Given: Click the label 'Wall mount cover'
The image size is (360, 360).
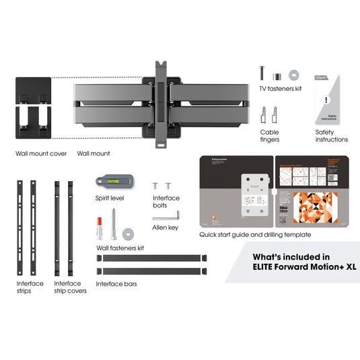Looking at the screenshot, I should click(41, 153).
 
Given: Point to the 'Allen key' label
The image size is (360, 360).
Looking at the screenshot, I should click(165, 229).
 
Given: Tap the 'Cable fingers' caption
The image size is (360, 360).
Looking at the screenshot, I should click(269, 136).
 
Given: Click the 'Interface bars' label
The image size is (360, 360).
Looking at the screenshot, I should click(116, 284).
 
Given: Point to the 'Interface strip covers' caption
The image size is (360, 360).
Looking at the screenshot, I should click(68, 287).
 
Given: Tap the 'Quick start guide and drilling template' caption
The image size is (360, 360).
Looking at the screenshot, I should click(255, 235).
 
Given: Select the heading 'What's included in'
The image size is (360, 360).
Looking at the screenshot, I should click(291, 256).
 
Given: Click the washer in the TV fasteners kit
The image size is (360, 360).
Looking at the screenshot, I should click(294, 73).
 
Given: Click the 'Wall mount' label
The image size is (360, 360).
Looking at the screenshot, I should click(93, 153).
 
